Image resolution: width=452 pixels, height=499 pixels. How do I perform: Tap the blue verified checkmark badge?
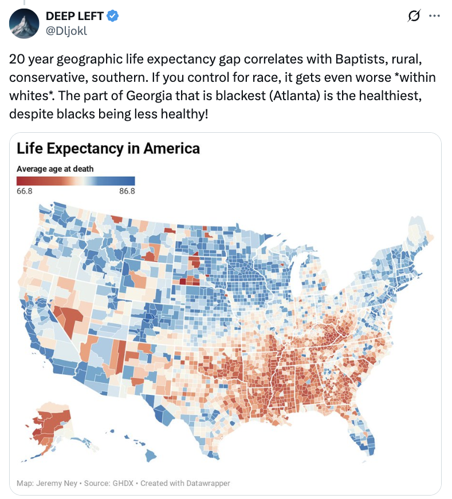[x=114, y=17]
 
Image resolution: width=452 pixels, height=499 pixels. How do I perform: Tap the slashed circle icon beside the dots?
[x=412, y=17]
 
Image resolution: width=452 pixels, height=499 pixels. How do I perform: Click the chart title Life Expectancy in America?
[x=108, y=149]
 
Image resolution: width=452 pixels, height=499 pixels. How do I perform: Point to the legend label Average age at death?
[x=55, y=169]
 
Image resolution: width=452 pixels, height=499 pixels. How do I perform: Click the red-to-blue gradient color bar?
[x=76, y=180]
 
